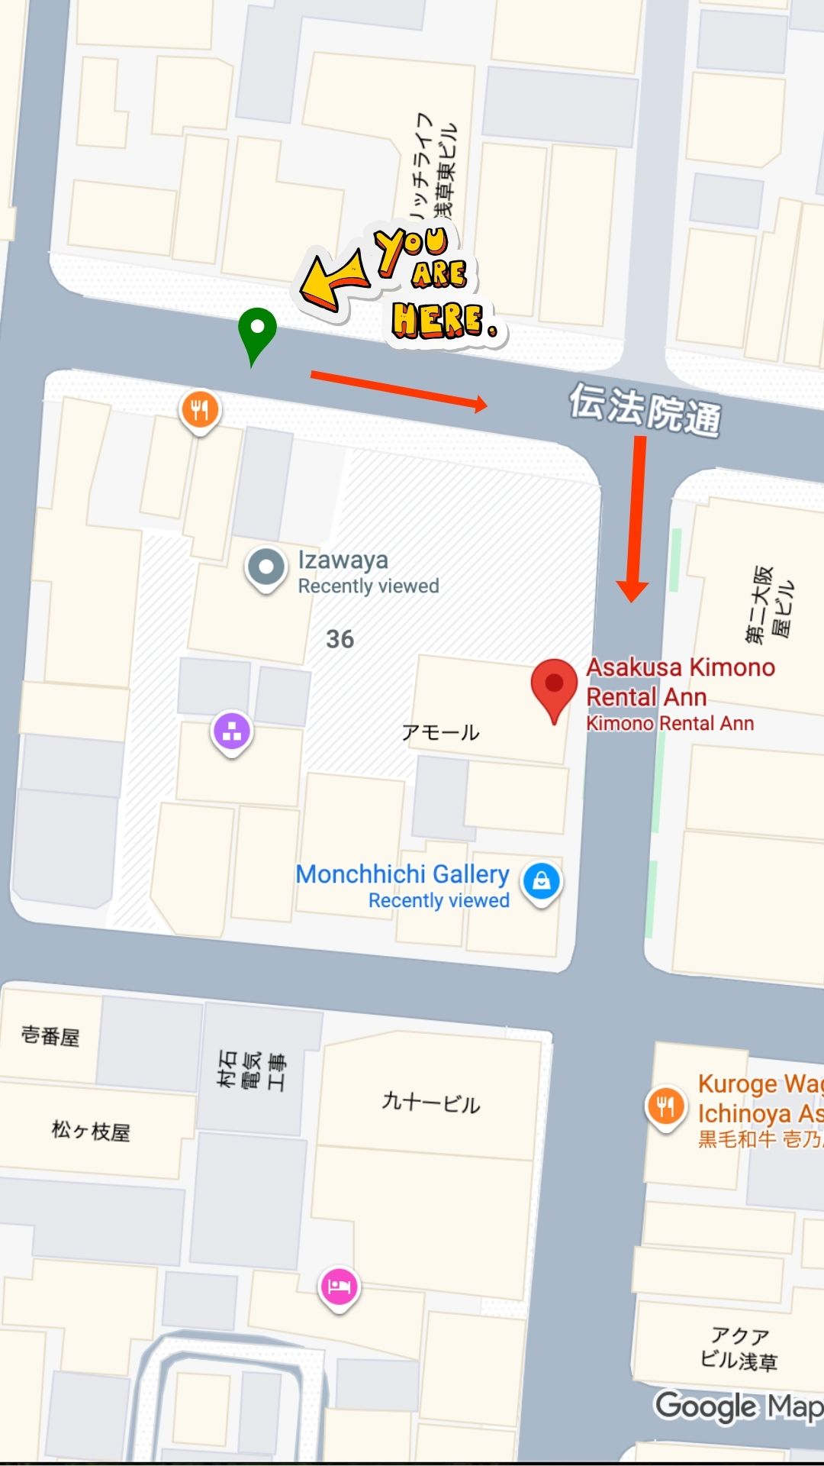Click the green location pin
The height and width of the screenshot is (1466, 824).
(257, 331)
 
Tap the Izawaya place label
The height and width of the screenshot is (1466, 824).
(343, 560)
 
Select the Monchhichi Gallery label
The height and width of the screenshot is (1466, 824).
(402, 874)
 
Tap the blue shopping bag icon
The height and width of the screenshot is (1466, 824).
(541, 881)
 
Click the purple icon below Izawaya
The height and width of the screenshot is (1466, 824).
(232, 731)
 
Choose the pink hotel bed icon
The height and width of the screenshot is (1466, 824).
(339, 1287)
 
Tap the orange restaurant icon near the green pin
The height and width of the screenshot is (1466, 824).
(200, 411)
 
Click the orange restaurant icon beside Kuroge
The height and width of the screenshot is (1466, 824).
(666, 1106)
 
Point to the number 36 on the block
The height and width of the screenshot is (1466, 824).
(340, 639)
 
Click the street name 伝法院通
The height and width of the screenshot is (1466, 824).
(645, 409)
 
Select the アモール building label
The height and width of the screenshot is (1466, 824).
(440, 733)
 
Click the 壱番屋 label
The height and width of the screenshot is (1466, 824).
(50, 1036)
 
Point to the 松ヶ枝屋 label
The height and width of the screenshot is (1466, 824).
(91, 1131)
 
